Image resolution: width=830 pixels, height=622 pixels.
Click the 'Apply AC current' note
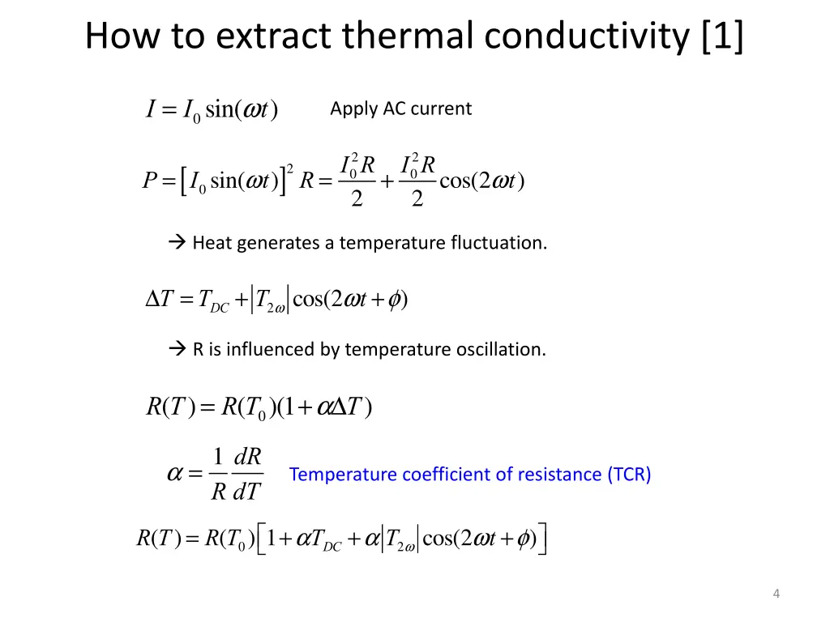(400, 109)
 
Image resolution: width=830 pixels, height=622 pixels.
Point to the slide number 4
(776, 594)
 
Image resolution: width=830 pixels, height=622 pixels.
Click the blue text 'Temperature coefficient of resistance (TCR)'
(470, 475)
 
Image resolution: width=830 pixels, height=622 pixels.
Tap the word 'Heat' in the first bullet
(212, 243)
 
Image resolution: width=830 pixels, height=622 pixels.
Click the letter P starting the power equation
(149, 181)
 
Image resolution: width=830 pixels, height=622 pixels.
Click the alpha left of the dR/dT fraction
(175, 475)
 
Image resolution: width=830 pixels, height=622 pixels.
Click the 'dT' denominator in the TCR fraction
(246, 492)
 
